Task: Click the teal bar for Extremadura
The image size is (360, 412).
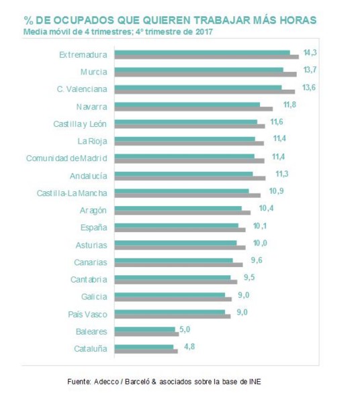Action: [202, 53]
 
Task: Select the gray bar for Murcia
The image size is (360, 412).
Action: [206, 74]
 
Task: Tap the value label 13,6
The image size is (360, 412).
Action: [309, 87]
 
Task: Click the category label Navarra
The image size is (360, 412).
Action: [92, 107]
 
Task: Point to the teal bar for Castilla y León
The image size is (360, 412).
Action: [186, 122]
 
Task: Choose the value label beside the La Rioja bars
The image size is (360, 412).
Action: [279, 138]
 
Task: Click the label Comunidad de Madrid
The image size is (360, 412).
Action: [66, 158]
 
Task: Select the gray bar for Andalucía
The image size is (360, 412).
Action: [190, 178]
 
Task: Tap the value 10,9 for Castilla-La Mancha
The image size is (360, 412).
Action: [276, 191]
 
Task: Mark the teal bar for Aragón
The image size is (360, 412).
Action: [178, 209]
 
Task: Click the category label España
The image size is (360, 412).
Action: [94, 227]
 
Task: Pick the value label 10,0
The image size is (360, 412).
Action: [260, 243]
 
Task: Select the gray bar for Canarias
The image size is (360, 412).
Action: [179, 265]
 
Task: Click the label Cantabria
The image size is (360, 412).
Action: [89, 280]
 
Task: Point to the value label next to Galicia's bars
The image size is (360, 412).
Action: [244, 295]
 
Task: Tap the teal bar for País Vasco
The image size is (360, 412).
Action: [170, 312]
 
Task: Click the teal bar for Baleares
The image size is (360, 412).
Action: [145, 329]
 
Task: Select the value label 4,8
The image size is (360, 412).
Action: [189, 346]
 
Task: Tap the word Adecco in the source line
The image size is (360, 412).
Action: [106, 382]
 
